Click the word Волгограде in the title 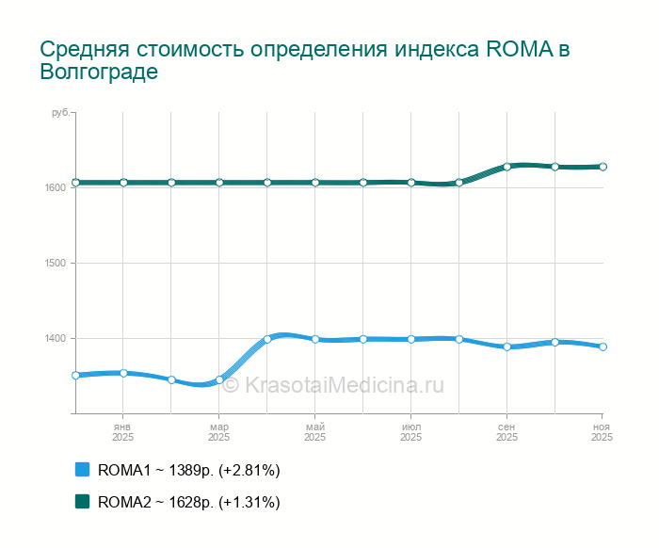(x=98, y=73)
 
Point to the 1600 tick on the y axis (x=55, y=187)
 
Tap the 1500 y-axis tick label (x=55, y=263)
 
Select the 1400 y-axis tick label (x=55, y=338)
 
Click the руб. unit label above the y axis (x=59, y=113)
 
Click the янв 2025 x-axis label (x=122, y=431)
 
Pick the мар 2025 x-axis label (x=218, y=431)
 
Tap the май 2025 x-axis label (x=314, y=431)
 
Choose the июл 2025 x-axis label (x=410, y=431)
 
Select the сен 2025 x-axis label (x=506, y=431)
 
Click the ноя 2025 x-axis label (x=603, y=431)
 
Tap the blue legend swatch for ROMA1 (x=82, y=469)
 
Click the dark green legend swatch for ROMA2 (x=82, y=501)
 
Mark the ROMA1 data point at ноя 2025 (x=603, y=347)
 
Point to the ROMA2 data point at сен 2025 (x=506, y=167)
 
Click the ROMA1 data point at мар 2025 (x=219, y=380)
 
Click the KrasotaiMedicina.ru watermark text (x=343, y=385)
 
